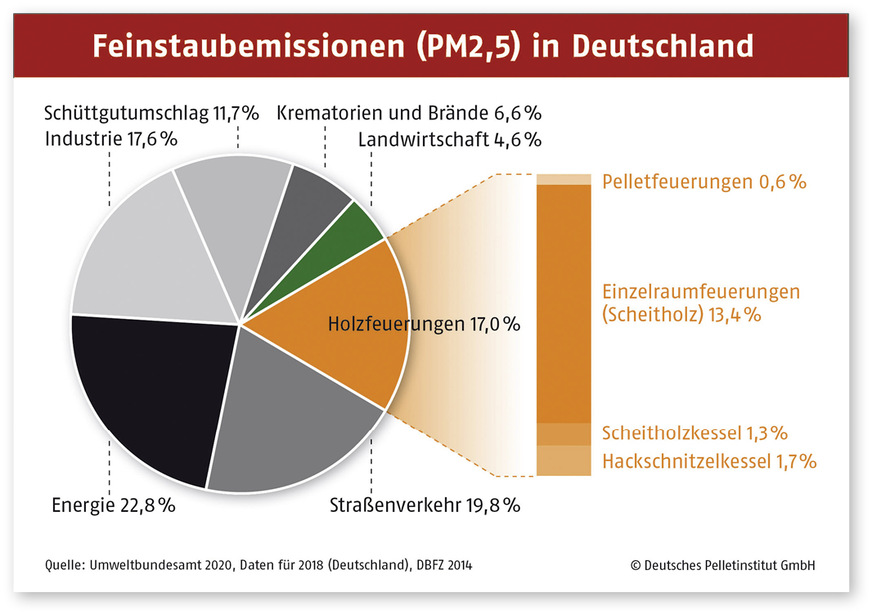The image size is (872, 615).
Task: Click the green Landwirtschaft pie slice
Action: point(359,226)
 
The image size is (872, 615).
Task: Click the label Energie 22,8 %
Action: point(113,505)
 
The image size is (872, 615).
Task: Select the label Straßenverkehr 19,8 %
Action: point(425,505)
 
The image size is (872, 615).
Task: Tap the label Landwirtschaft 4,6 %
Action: point(449,138)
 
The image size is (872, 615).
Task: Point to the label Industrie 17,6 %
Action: point(110,138)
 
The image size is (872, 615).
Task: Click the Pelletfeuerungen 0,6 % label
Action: point(704,182)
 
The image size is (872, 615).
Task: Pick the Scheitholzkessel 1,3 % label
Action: point(695,433)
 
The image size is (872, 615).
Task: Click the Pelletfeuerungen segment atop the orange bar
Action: point(563,180)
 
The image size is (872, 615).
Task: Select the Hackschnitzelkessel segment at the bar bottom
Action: point(563,460)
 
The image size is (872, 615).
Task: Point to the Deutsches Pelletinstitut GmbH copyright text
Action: point(723,565)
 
